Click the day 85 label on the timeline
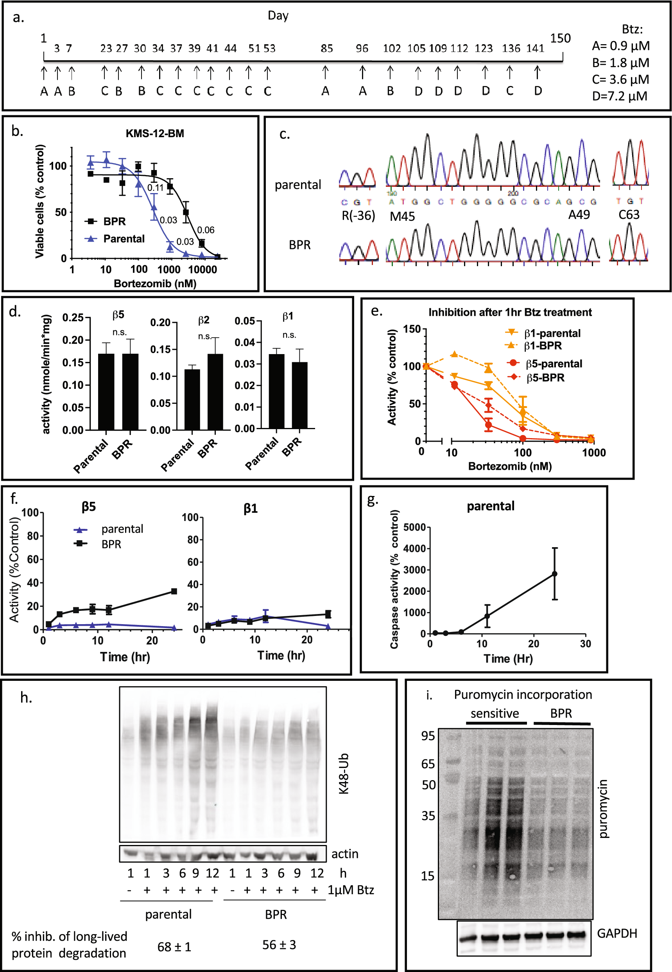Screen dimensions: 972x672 [x=326, y=48]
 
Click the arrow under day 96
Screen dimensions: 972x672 [x=362, y=72]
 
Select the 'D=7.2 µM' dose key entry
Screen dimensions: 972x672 [x=619, y=96]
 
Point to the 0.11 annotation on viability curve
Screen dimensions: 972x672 [x=155, y=188]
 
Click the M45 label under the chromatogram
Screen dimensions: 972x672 [x=402, y=216]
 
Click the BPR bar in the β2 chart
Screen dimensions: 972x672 [x=215, y=392]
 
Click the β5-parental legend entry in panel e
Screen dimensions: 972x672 [x=553, y=364]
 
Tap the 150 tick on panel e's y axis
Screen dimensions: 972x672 [x=412, y=329]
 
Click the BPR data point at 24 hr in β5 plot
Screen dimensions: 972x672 [x=174, y=591]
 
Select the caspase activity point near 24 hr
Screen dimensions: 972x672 [x=554, y=574]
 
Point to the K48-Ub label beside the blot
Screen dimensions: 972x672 [x=344, y=773]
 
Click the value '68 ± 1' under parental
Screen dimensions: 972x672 [x=174, y=947]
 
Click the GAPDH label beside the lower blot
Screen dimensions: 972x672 [x=616, y=933]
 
